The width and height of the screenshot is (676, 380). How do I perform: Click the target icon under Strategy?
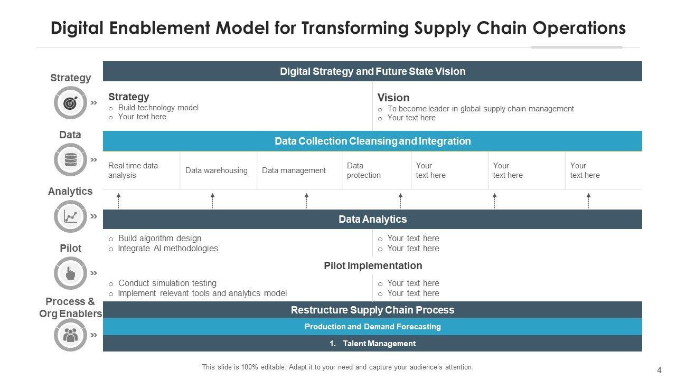[70, 103]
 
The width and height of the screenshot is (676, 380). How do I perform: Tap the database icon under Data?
[70, 160]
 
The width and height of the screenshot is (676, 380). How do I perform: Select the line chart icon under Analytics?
[70, 216]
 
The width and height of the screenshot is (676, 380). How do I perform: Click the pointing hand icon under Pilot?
[70, 273]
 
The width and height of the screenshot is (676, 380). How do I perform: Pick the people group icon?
[70, 335]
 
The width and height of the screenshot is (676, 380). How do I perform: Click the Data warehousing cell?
[217, 170]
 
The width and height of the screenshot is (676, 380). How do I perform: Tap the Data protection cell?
[364, 170]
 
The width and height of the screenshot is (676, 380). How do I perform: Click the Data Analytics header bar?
[372, 219]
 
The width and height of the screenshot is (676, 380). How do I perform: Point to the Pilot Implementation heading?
[373, 265]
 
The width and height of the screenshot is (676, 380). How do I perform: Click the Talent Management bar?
[372, 344]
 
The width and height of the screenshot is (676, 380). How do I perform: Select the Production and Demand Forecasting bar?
[372, 327]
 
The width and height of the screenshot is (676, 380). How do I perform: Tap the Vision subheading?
[393, 98]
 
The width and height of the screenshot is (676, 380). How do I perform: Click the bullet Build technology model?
[158, 108]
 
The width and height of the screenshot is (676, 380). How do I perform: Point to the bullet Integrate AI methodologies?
[167, 249]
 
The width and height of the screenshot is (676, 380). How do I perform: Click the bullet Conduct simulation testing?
[167, 283]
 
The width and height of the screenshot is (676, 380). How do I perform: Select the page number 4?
[659, 370]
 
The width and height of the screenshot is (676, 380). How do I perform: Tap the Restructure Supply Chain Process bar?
[372, 310]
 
